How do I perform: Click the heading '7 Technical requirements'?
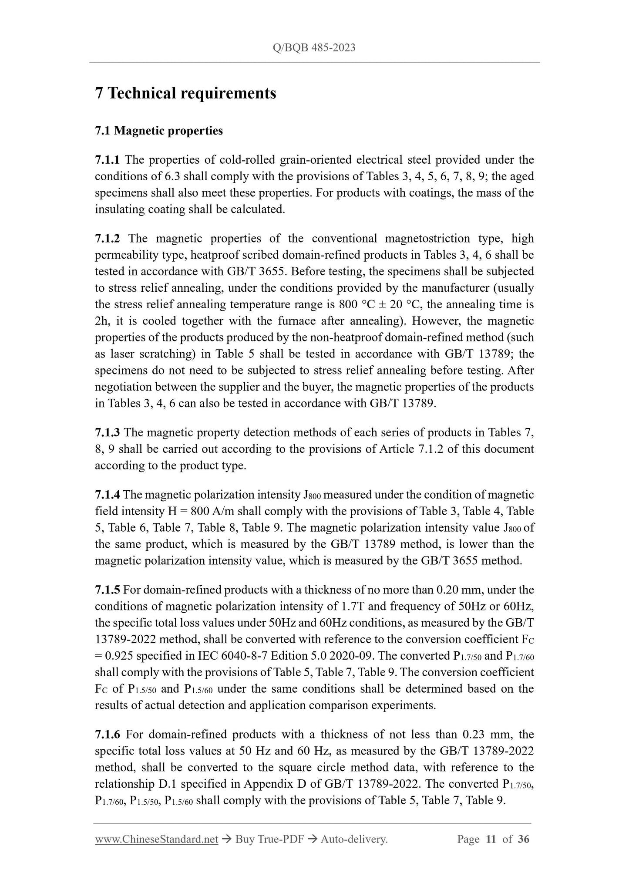[185, 93]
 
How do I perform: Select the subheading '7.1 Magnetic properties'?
[159, 131]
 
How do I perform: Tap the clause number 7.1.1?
[107, 160]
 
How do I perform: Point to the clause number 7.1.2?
[107, 239]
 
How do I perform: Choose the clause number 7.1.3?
[107, 432]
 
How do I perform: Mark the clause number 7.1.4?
[107, 495]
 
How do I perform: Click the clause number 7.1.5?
[107, 590]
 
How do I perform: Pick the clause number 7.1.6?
[107, 735]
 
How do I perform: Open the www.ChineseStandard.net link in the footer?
[156, 839]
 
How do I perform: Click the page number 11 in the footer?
[491, 839]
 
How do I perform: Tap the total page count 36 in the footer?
[523, 839]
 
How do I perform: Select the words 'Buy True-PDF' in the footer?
[269, 839]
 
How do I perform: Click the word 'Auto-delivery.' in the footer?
[354, 839]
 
